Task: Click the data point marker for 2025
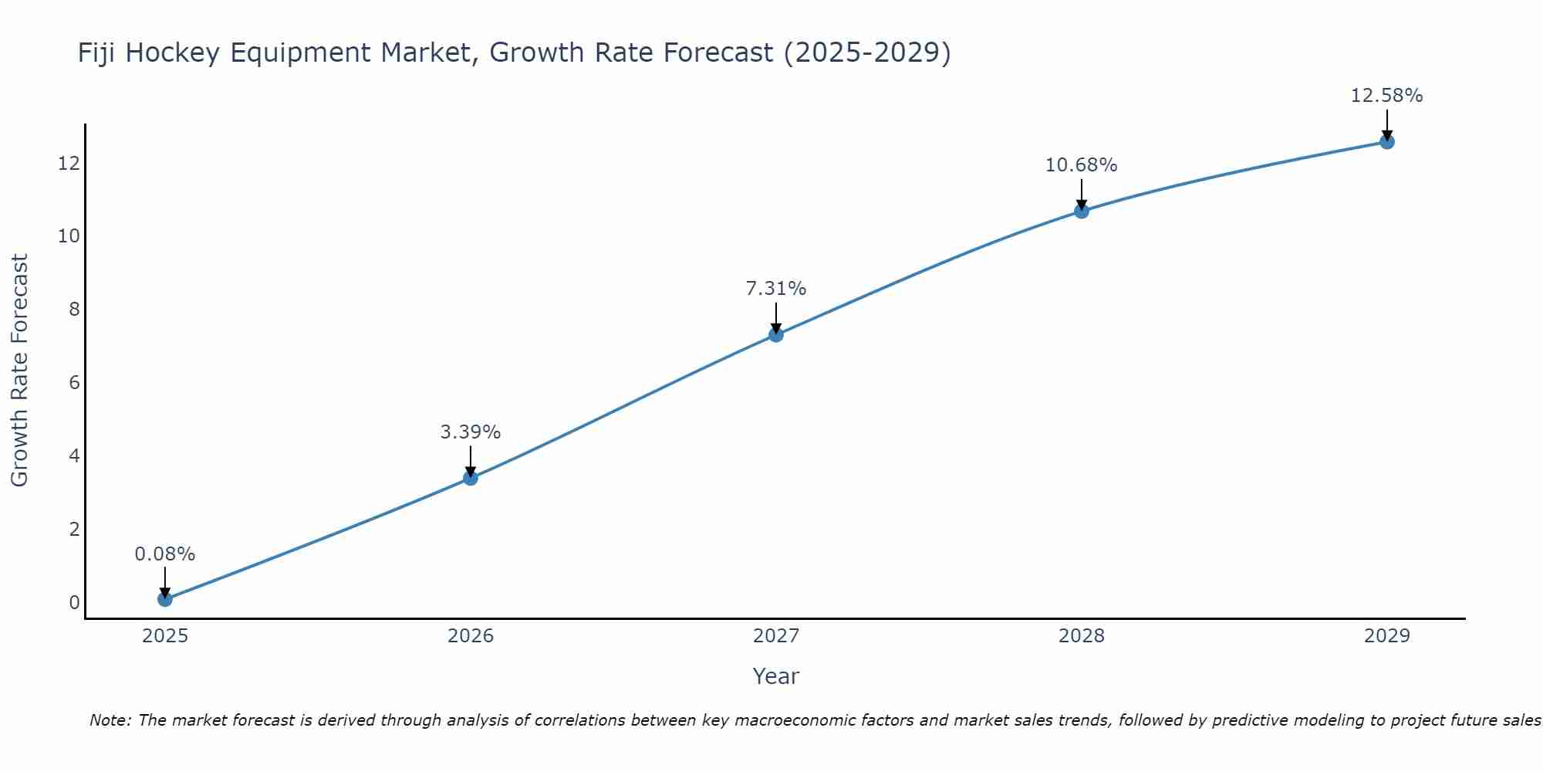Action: pos(164,599)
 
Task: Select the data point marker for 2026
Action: pos(471,478)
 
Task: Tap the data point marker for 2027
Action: pos(776,334)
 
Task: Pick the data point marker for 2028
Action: pos(1082,211)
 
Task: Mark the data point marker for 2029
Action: pos(1387,141)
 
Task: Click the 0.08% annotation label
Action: pos(164,554)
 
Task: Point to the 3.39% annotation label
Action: pos(471,432)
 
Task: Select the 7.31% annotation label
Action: pos(776,289)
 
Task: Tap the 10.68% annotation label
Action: pos(1082,165)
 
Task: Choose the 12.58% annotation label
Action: pos(1387,96)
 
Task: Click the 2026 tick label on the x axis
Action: pos(471,636)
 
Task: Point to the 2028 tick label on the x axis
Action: pos(1082,636)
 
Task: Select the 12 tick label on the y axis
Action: pos(69,163)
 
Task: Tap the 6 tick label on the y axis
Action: pos(74,383)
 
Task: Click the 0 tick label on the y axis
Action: pos(74,603)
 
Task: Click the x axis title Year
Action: pos(776,676)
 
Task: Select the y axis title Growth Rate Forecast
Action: pos(19,371)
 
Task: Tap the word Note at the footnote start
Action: pos(110,720)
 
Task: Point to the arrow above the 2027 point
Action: pos(776,317)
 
